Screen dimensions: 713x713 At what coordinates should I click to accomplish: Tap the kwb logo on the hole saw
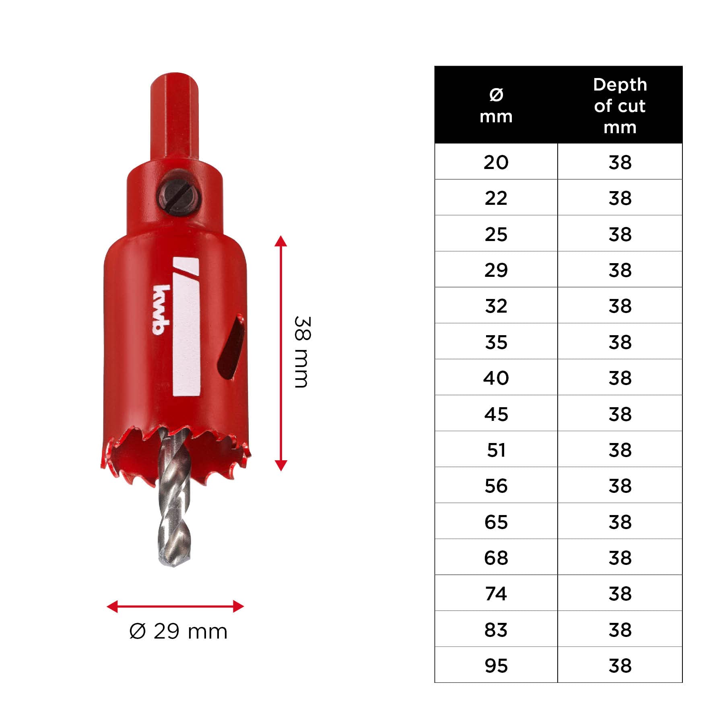(x=162, y=310)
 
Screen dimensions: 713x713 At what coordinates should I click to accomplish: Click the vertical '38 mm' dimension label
(x=303, y=352)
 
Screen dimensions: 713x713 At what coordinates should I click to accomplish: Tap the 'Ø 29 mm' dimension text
(x=178, y=631)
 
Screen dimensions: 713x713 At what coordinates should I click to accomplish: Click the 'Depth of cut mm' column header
(x=620, y=106)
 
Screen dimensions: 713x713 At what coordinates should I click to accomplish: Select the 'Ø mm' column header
(x=496, y=105)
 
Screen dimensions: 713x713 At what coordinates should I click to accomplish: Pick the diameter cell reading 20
(x=496, y=162)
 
